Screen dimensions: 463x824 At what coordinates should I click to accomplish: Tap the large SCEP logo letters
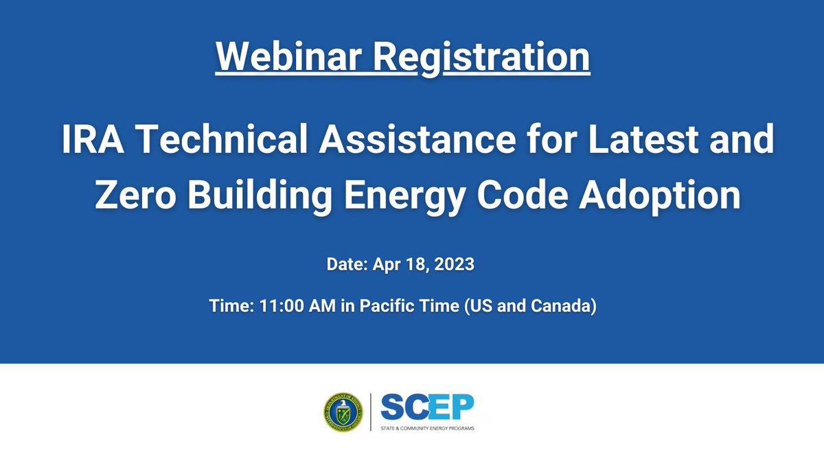pyautogui.click(x=426, y=409)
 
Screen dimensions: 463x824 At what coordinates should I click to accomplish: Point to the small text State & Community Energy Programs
pyautogui.click(x=426, y=429)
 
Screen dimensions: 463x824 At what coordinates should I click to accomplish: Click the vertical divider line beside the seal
pyautogui.click(x=371, y=412)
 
